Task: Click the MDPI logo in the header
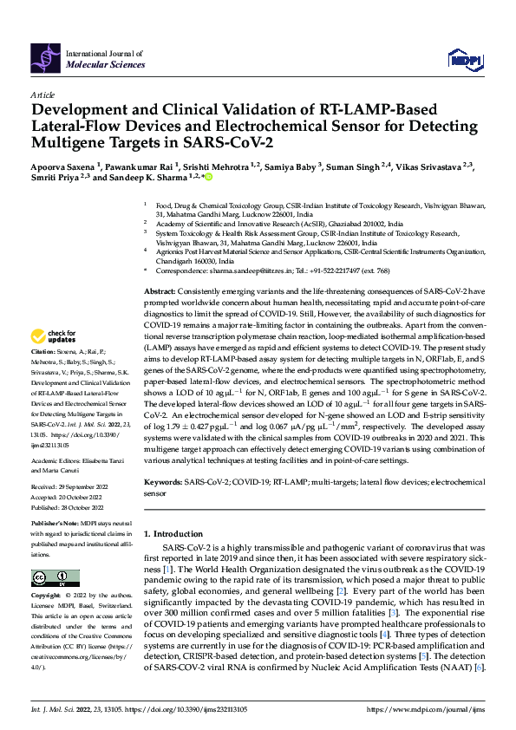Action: click(464, 59)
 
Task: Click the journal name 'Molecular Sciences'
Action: click(101, 63)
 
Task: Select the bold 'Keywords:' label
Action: click(162, 480)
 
